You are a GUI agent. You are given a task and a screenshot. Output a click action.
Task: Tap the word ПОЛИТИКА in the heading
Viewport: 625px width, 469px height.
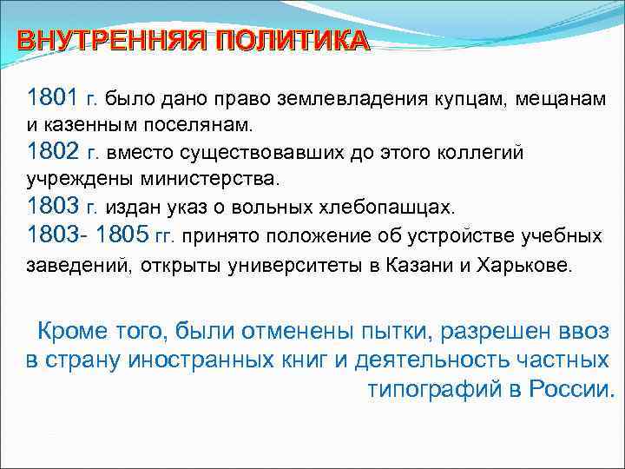point(293,42)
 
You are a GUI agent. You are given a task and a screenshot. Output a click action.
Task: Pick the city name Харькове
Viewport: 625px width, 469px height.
point(526,265)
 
